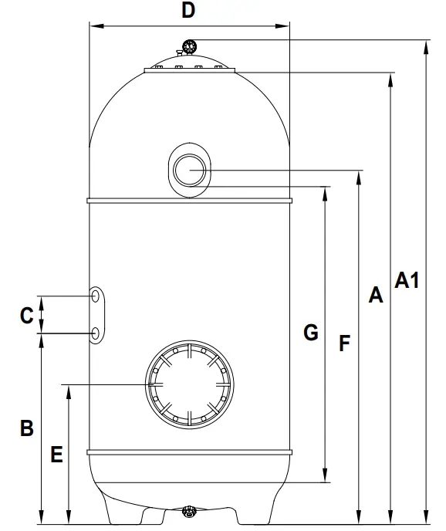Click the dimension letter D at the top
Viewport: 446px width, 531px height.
point(188,11)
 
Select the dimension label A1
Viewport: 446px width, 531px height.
point(407,280)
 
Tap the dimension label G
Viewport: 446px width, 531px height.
point(311,332)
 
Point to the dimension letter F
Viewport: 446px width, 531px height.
point(344,343)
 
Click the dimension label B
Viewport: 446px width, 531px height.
point(27,428)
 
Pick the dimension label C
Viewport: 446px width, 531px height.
point(27,315)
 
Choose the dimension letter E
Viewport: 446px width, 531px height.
point(56,454)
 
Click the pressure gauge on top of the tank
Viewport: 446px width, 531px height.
point(189,46)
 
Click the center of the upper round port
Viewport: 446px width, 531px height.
point(190,170)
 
